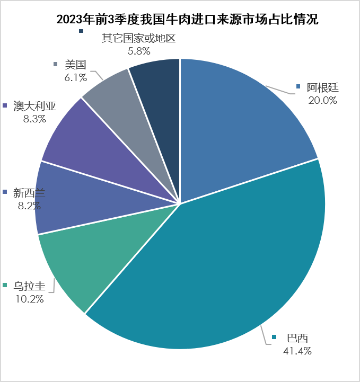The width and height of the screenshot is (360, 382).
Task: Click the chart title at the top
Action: [x=180, y=20]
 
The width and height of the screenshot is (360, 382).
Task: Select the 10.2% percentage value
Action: [x=29, y=298]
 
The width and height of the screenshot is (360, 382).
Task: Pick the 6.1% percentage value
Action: [x=75, y=77]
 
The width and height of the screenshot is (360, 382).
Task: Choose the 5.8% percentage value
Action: [x=139, y=51]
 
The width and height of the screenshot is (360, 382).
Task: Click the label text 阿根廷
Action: [x=323, y=87]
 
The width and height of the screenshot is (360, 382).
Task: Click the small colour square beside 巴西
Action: [x=275, y=337]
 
